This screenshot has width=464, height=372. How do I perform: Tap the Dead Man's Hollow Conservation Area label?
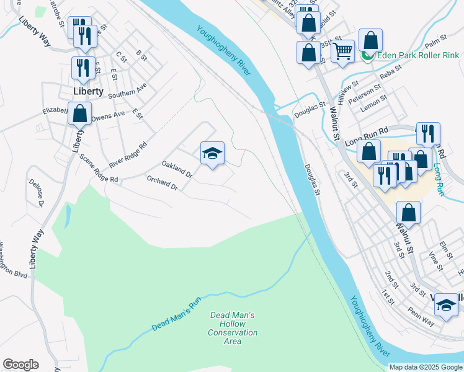click(x=232, y=324)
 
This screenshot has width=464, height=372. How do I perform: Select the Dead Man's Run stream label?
click(x=177, y=314)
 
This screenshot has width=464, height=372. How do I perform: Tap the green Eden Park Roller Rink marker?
click(x=367, y=56)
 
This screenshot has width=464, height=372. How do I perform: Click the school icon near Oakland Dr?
click(x=212, y=154)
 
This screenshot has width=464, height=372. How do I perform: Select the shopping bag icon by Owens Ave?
click(x=80, y=114)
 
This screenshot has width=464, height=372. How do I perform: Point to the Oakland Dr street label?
click(x=177, y=169)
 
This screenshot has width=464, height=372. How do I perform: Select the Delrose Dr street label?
click(x=36, y=193)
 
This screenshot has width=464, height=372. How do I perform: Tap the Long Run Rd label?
click(x=366, y=136)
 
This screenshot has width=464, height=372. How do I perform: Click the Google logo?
click(x=20, y=365)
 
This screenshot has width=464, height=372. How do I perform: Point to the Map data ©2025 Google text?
click(x=426, y=367)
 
